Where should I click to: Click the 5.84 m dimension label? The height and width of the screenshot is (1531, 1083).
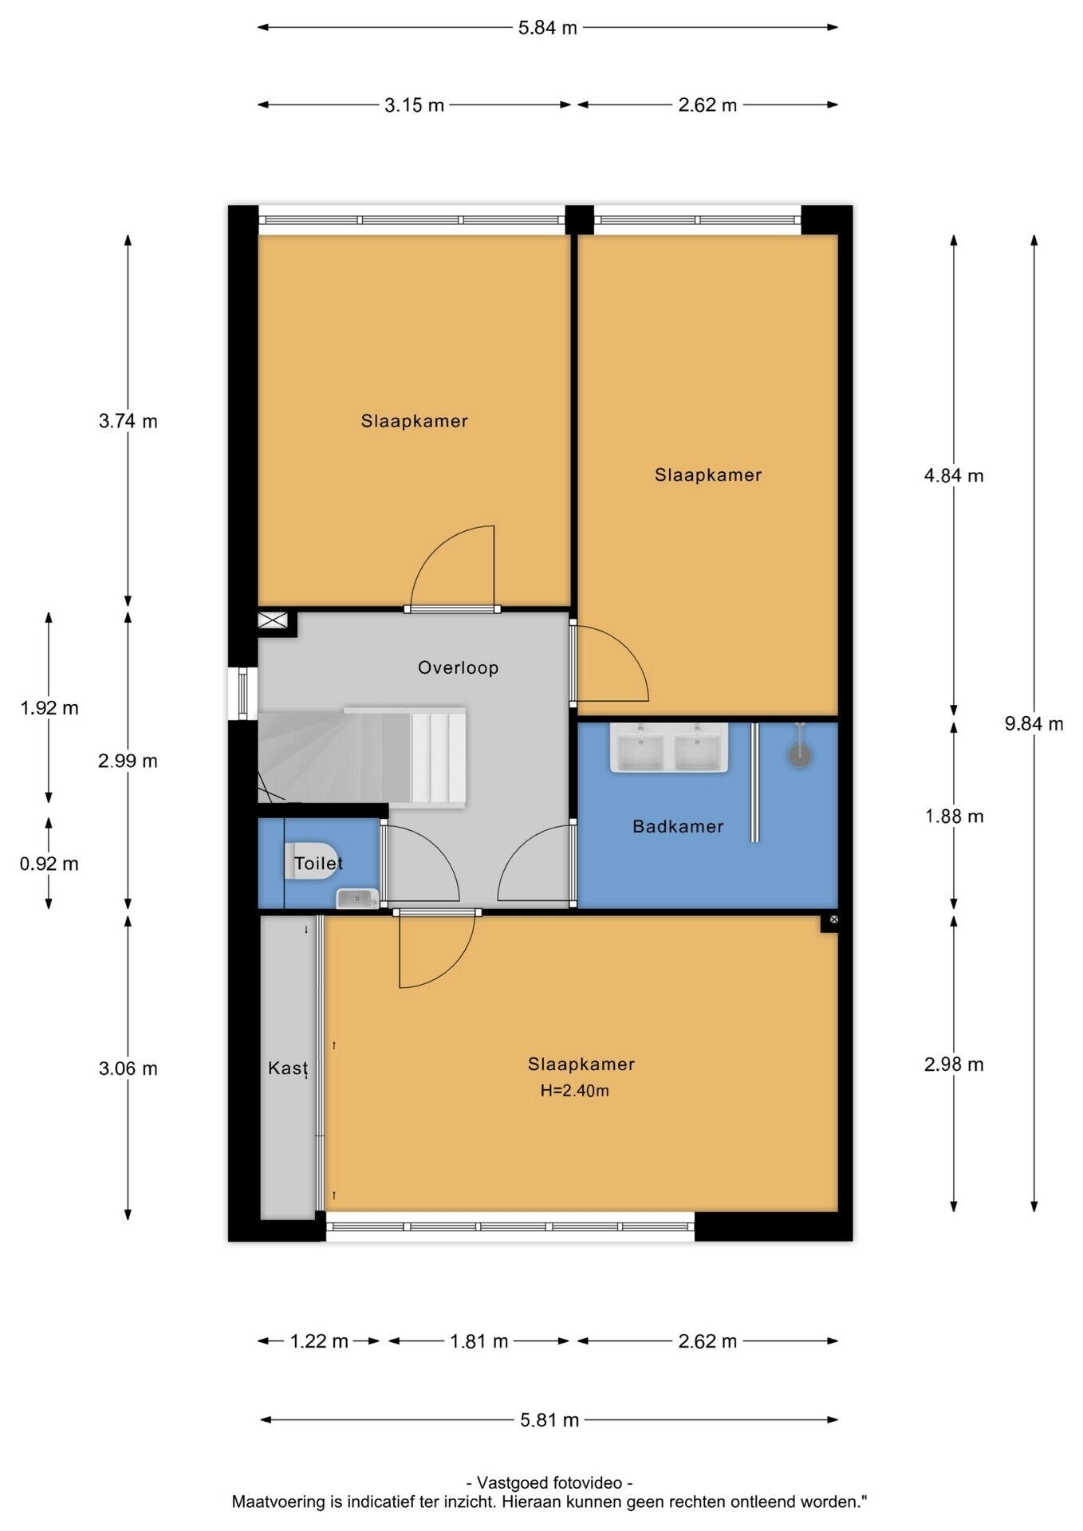[x=547, y=28]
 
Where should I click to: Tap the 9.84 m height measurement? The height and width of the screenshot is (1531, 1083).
[x=1034, y=724]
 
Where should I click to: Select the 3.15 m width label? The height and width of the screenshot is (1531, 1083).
[x=414, y=105]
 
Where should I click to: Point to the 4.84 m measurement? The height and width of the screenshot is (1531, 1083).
[x=954, y=476]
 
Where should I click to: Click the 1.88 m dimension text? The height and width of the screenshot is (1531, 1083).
[x=954, y=817]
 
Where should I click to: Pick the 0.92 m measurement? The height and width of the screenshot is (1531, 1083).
[x=49, y=864]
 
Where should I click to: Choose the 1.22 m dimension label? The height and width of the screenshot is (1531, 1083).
[x=319, y=1341]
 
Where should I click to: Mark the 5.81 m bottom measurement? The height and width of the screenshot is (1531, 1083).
[x=549, y=1420]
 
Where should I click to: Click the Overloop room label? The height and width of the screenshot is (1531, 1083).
[x=459, y=667]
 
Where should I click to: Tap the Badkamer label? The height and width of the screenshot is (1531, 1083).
[x=678, y=826]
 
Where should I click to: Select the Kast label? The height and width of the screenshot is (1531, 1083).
[x=288, y=1068]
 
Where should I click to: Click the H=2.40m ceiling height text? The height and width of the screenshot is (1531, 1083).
[x=575, y=1090]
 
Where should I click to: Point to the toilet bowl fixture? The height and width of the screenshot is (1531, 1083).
[x=311, y=861]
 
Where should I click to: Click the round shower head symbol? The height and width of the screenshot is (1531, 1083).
[x=800, y=754]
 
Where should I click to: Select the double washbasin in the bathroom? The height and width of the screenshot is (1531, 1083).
[x=669, y=748]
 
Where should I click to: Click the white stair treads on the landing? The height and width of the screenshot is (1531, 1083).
[x=438, y=758]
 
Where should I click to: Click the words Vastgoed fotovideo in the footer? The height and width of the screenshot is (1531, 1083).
[x=549, y=1483]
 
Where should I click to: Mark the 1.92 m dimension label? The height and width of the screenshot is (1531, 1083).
[x=49, y=708]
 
